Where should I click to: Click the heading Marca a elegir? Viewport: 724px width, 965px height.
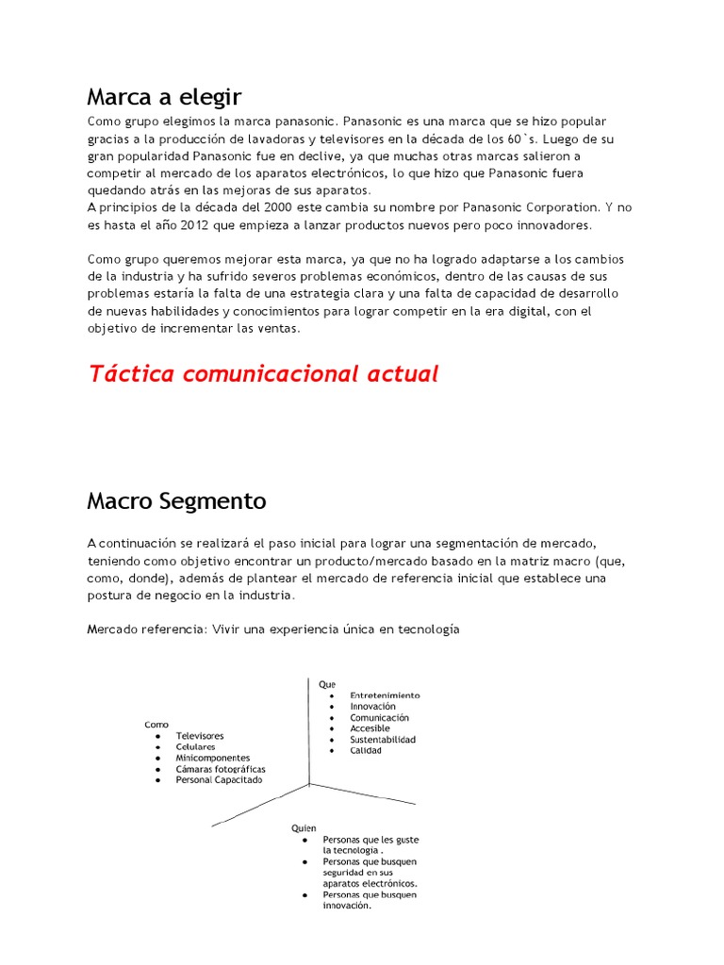(164, 97)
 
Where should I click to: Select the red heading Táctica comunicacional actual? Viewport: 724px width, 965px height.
(263, 374)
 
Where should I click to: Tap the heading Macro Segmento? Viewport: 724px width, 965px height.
(176, 501)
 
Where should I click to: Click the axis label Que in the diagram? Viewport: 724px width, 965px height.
(326, 684)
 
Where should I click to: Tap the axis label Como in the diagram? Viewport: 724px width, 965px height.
(156, 725)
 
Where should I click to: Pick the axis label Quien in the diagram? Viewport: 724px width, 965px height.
(304, 828)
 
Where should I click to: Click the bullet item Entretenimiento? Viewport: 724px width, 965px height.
(385, 695)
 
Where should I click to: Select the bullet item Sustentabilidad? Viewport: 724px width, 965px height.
(383, 740)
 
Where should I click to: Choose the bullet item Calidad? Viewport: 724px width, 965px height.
(366, 751)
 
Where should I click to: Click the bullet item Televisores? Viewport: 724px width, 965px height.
(200, 735)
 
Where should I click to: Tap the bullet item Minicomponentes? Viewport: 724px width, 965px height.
(213, 758)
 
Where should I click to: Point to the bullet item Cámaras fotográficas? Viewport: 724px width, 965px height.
(221, 769)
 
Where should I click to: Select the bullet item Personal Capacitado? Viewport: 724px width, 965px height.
(220, 780)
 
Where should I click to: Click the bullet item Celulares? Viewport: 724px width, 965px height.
(195, 746)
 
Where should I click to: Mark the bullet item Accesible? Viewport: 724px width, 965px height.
(370, 728)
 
